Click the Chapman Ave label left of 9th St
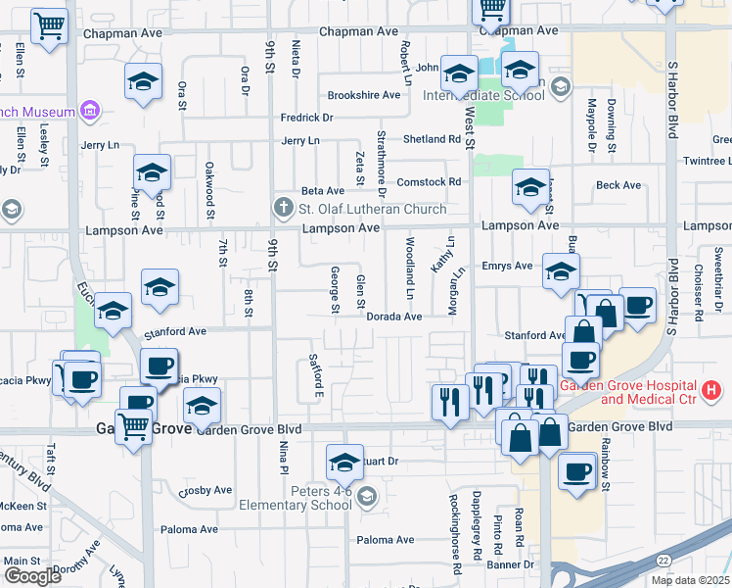122,32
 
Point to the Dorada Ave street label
393,317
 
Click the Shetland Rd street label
431,139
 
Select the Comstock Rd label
428,181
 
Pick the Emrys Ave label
507,266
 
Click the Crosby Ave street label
206,490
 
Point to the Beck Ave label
618,185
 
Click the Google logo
32,576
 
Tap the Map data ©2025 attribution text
689,580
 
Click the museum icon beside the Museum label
90,110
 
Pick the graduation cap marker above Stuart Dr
344,461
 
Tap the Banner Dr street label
512,564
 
